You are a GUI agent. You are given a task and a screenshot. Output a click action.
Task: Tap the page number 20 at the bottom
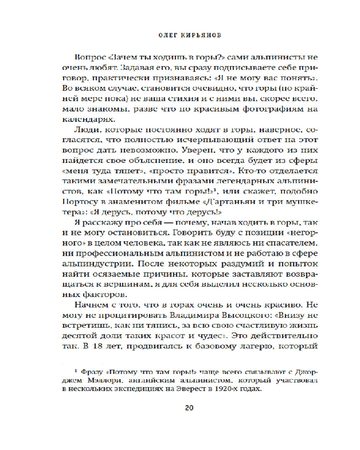[189, 408]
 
